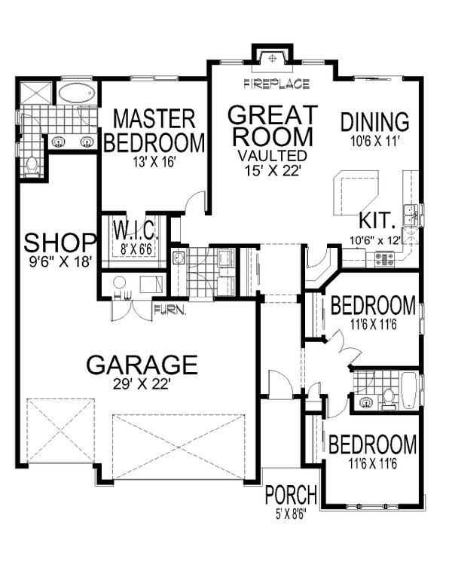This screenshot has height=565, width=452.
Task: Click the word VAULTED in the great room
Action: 271,154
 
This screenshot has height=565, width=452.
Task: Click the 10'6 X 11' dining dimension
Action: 374,140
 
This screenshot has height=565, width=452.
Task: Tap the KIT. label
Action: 377,221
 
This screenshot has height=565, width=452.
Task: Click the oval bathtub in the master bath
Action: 77,94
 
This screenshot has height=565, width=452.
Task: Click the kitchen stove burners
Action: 384,258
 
